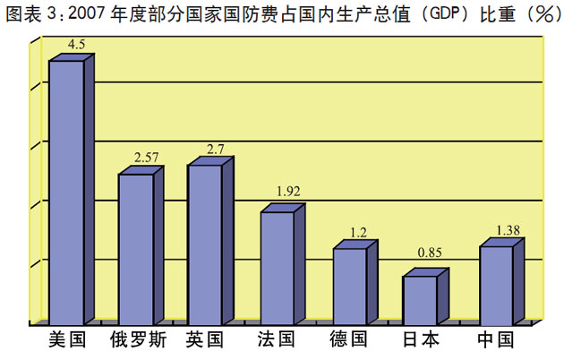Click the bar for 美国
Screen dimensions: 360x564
click(66, 192)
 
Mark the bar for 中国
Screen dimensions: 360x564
click(496, 284)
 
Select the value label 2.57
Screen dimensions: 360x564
click(146, 158)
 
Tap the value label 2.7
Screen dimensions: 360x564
click(215, 149)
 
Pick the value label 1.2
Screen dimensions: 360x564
click(359, 232)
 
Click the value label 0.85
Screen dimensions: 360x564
click(431, 253)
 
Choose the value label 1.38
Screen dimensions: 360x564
click(507, 230)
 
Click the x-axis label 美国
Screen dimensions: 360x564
click(65, 340)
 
